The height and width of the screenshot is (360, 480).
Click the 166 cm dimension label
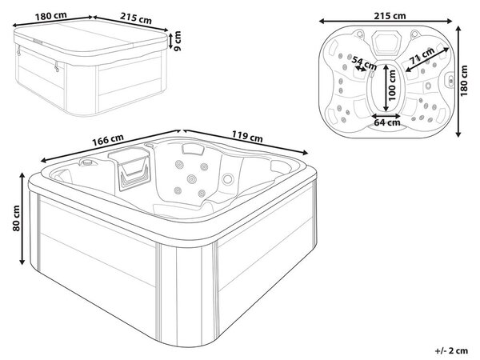108,139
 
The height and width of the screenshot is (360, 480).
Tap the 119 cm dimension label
247,137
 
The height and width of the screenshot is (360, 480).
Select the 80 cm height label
16,218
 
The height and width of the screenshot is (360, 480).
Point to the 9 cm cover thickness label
178,41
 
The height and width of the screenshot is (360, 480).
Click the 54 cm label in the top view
364,62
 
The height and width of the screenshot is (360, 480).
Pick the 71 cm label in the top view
422,55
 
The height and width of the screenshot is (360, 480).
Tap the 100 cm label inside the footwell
392,86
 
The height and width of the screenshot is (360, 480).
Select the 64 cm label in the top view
387,122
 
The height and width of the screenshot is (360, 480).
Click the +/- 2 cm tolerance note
451,350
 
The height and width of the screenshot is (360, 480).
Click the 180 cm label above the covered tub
50,16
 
